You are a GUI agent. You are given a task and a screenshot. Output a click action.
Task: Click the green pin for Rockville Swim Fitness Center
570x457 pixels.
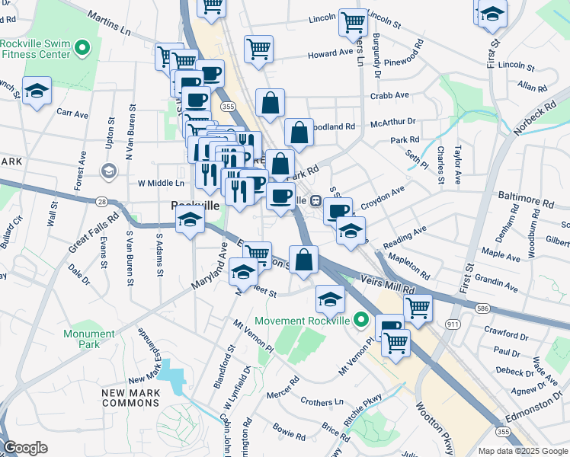click(x=82, y=49)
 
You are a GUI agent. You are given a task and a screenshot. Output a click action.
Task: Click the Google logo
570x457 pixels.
click(x=25, y=448)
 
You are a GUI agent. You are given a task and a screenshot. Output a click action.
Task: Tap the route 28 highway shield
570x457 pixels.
click(x=101, y=201)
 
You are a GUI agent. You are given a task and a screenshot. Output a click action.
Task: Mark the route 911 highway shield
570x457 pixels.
click(x=453, y=324)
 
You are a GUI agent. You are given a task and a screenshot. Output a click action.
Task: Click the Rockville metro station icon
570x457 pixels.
click(x=315, y=200)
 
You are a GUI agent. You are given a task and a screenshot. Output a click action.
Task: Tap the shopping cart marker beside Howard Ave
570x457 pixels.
click(x=259, y=49)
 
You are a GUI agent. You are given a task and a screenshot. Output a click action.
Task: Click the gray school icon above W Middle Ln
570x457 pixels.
click(x=109, y=171)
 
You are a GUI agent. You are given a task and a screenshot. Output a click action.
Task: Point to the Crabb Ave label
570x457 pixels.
click(x=389, y=95)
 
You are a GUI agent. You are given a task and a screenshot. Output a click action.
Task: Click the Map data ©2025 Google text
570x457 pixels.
click(x=522, y=451)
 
